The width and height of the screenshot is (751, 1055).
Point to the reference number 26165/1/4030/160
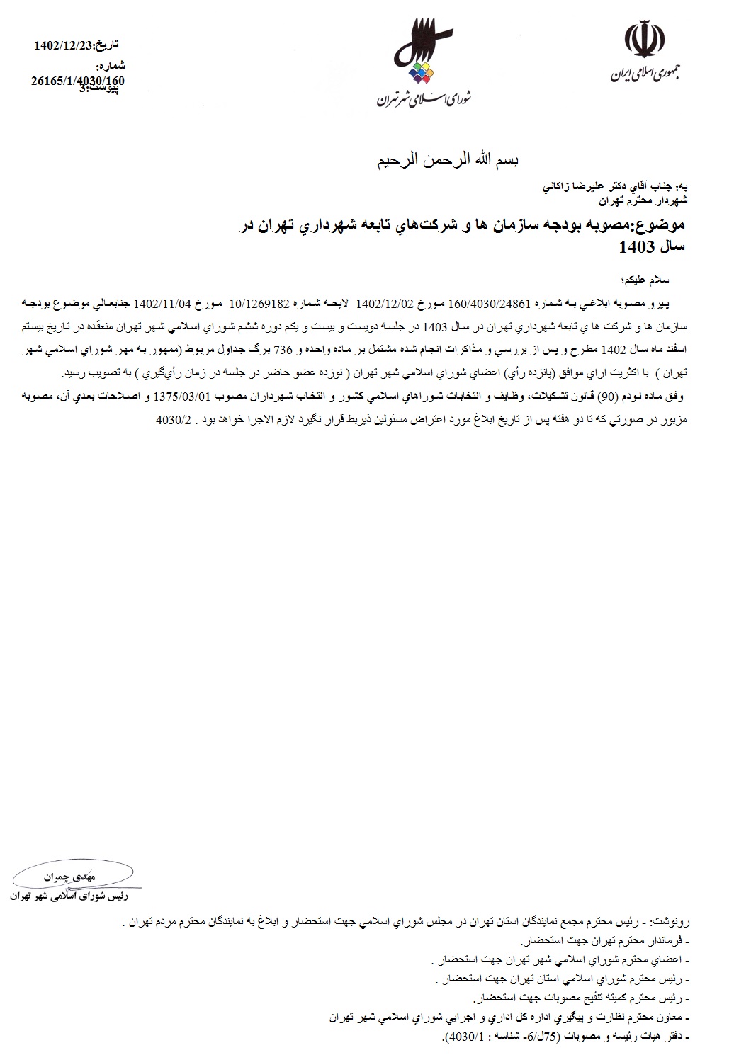pyautogui.click(x=78, y=81)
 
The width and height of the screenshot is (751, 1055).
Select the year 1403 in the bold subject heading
pyautogui.click(x=634, y=247)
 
